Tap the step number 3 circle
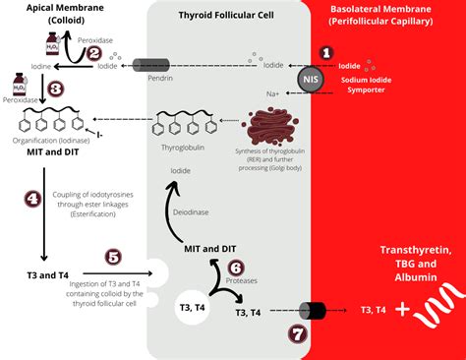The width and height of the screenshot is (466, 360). point(56,89)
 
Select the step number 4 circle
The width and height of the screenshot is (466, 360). point(32,198)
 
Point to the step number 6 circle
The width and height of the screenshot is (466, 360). point(235,267)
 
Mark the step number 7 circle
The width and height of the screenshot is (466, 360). point(298,333)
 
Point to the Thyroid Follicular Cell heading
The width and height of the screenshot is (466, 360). point(232,16)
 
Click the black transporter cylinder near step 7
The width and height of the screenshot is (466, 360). point(313,311)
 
